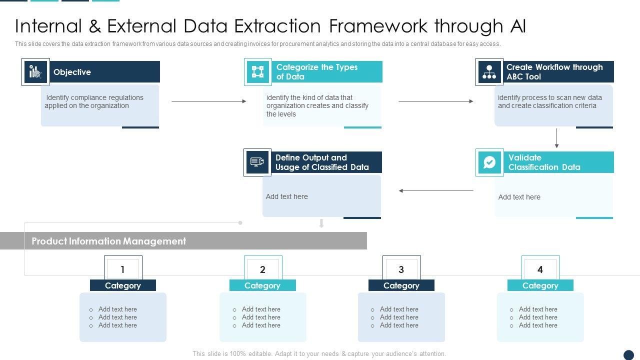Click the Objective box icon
tap(35, 72)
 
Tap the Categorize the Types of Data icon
tap(257, 72)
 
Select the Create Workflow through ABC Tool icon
tap(489, 72)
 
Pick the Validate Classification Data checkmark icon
tap(489, 162)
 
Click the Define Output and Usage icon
tap(257, 162)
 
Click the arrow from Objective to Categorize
tap(209, 101)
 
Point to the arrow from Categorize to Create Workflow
tap(436, 101)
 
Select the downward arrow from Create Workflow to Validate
tap(556, 138)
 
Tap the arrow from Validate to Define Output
tap(436, 190)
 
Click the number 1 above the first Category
tap(122, 269)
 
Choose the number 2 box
tap(262, 269)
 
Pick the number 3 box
tap(401, 269)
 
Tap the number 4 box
tap(540, 269)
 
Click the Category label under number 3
tap(401, 285)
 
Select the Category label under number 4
tap(540, 285)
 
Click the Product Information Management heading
tap(108, 241)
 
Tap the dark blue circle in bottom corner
tap(628, 355)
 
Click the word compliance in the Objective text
tap(88, 97)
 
